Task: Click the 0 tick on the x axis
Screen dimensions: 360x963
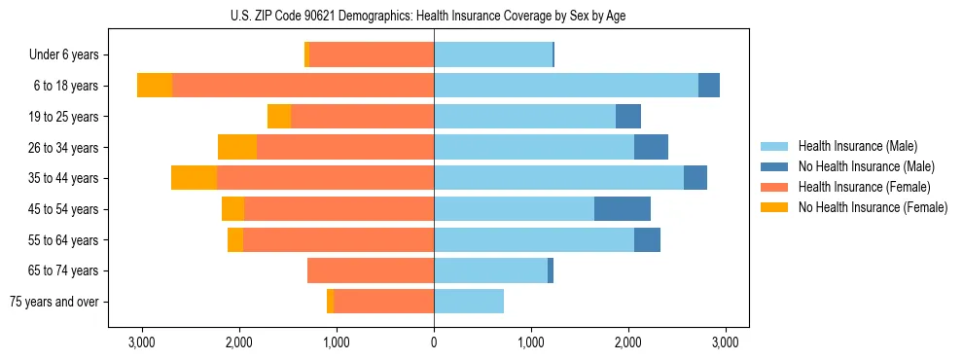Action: tap(434, 343)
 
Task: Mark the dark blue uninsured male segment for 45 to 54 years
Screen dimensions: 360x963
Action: tap(623, 209)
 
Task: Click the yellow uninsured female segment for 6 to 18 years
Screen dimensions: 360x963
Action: tap(155, 86)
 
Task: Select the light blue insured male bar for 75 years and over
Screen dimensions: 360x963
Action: tap(469, 302)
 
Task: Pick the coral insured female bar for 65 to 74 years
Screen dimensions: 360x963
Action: tap(371, 270)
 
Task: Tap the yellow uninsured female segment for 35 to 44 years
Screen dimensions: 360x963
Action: tap(194, 178)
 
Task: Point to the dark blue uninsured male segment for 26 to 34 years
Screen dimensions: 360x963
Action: tap(651, 147)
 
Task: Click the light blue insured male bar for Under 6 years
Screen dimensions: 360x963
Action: tap(493, 55)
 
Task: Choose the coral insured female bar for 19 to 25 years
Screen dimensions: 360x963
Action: tap(363, 117)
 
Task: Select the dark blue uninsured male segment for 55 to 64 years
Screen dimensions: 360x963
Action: tap(647, 239)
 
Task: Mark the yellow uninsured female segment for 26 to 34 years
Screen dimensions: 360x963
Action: tap(237, 147)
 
